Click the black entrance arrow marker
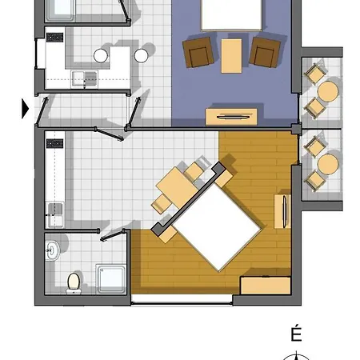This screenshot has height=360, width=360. point(25,109)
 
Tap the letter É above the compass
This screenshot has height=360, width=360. point(296,334)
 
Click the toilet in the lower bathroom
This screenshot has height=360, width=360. point(74,283)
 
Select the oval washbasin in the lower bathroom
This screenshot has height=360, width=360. point(52,250)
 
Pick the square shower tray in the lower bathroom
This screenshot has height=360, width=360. point(110,278)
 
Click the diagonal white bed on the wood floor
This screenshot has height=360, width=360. point(216,227)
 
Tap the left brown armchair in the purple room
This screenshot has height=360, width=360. point(198,52)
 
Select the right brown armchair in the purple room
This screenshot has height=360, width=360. point(265,52)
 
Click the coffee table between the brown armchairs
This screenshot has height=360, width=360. point(231,56)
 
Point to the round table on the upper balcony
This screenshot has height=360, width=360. point(328,91)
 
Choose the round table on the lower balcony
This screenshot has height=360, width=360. point(328,164)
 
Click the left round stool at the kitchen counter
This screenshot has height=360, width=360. point(101,56)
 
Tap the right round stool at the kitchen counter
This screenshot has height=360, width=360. point(141,56)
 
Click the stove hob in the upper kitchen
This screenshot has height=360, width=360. point(55,38)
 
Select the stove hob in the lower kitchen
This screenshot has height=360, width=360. point(55,143)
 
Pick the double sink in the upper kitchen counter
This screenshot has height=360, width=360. point(84,78)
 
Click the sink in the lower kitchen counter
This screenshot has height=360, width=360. point(55,214)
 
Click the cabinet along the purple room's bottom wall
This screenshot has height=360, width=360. point(231,117)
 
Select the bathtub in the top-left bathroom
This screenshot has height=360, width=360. point(60,10)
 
